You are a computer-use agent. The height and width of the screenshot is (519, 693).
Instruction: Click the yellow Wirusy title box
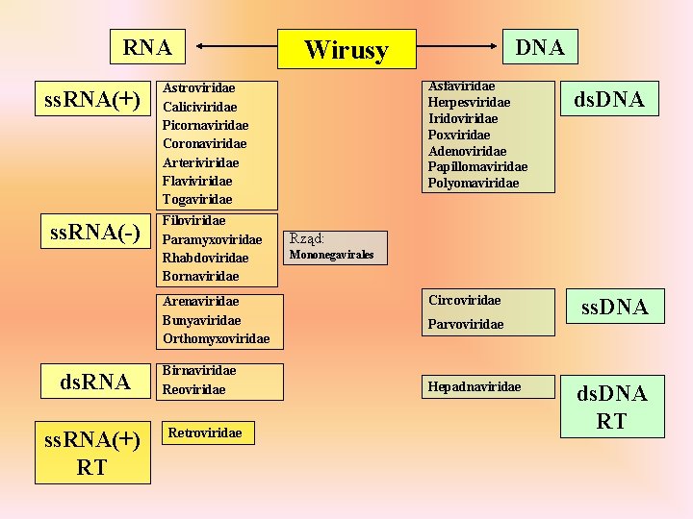coord(346,49)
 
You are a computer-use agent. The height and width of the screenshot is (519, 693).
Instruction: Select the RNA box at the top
coord(147,47)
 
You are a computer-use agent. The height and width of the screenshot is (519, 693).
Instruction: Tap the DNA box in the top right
coord(539,46)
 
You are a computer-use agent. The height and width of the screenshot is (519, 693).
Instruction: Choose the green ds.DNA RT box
coord(611,406)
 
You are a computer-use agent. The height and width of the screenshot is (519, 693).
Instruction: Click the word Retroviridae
coord(204,433)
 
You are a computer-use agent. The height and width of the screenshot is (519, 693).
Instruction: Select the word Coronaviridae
coord(205,143)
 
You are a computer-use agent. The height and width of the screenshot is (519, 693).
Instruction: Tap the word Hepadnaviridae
coord(475,386)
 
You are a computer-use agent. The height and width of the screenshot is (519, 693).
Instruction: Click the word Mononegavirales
coord(336,256)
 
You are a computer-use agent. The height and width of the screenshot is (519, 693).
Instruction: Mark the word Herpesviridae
coord(469,102)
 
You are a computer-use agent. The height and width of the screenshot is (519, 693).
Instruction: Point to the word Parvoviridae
coord(466,325)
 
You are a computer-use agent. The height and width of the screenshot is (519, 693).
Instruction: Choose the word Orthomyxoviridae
coord(217,338)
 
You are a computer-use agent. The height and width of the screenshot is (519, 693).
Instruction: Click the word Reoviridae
coord(194,389)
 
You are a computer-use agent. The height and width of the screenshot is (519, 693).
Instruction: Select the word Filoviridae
coord(194,221)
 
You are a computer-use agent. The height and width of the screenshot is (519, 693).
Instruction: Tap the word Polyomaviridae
coord(474,183)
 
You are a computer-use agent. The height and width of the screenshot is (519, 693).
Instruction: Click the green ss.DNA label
coord(613,308)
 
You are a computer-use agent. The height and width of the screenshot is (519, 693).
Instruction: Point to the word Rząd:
coord(307,238)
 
